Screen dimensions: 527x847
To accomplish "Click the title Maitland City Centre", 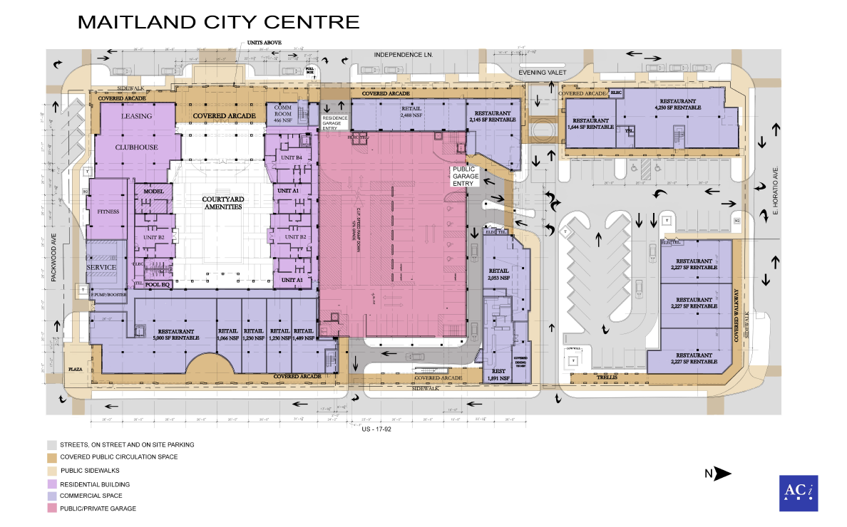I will tap(218, 21).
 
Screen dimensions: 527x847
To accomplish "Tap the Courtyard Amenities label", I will tap(222, 202).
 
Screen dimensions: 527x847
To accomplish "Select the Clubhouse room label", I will tap(136, 147).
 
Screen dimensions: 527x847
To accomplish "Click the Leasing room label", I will tap(137, 115).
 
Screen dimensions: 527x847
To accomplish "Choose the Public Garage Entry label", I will tap(463, 177).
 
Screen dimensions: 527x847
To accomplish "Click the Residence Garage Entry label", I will tap(334, 122).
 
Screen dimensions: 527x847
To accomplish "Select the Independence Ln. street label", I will tap(404, 55).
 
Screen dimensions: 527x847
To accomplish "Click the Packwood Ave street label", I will tap(54, 259).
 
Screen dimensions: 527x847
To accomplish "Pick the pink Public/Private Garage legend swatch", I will tap(52, 508).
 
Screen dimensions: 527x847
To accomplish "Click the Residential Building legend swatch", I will tap(52, 484).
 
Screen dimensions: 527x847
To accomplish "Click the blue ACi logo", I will tap(798, 493).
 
